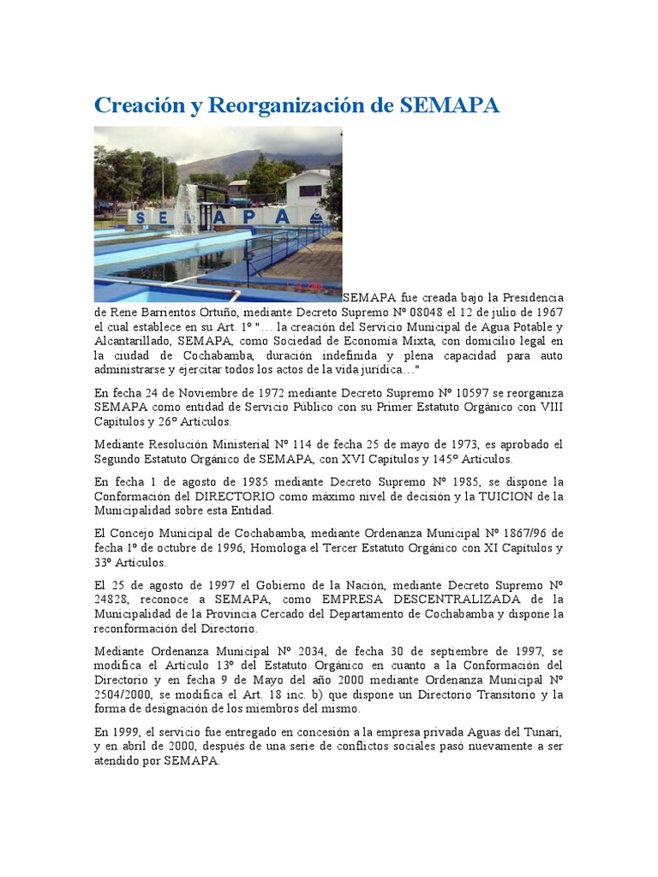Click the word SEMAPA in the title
tap(449, 105)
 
